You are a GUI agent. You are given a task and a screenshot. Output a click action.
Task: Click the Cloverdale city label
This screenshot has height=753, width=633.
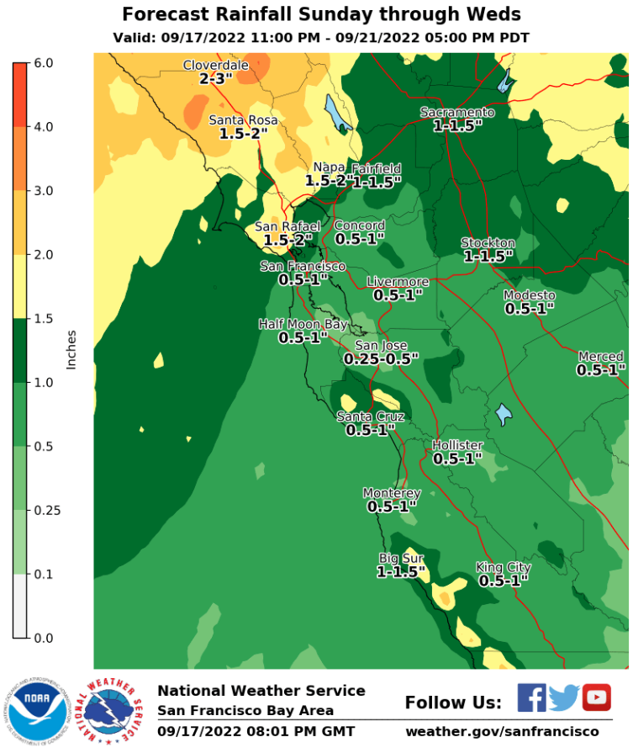pyautogui.click(x=216, y=65)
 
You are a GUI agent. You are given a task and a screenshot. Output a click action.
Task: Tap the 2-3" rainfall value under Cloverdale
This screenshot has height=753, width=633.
pyautogui.click(x=216, y=78)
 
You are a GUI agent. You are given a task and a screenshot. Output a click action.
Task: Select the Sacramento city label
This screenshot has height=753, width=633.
pyautogui.click(x=457, y=113)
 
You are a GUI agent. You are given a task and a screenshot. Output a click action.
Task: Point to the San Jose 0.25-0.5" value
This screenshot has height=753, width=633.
pyautogui.click(x=381, y=358)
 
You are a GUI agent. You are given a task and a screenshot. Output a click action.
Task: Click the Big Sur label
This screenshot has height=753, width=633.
pyautogui.click(x=401, y=559)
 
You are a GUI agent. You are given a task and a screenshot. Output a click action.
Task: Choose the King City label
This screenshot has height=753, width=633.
pyautogui.click(x=503, y=567)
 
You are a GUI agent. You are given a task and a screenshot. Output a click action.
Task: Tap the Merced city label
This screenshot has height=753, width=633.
pyautogui.click(x=601, y=357)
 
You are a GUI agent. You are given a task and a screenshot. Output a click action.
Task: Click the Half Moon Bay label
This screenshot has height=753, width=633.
pyautogui.click(x=303, y=324)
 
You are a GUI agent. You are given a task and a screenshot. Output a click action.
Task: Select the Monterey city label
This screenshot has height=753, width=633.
pyautogui.click(x=392, y=493)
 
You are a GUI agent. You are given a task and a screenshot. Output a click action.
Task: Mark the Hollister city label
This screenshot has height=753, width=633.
pyautogui.click(x=457, y=445)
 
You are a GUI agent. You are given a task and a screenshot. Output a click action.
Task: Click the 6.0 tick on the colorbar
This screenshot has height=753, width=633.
pyautogui.click(x=45, y=63)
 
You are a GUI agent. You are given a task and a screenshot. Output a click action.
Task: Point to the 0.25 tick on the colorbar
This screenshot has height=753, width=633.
pyautogui.click(x=47, y=511)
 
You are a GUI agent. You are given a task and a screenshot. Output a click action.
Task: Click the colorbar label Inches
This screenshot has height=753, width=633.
pyautogui.click(x=72, y=350)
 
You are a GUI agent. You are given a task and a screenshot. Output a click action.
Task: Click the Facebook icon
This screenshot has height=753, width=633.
pyautogui.click(x=531, y=697)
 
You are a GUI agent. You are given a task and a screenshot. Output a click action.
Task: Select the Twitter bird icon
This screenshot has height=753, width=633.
pyautogui.click(x=564, y=697)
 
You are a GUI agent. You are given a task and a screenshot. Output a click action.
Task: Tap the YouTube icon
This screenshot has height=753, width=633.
pyautogui.click(x=596, y=697)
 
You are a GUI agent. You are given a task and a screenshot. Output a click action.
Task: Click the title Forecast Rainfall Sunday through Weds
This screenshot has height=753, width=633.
pyautogui.click(x=321, y=14)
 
